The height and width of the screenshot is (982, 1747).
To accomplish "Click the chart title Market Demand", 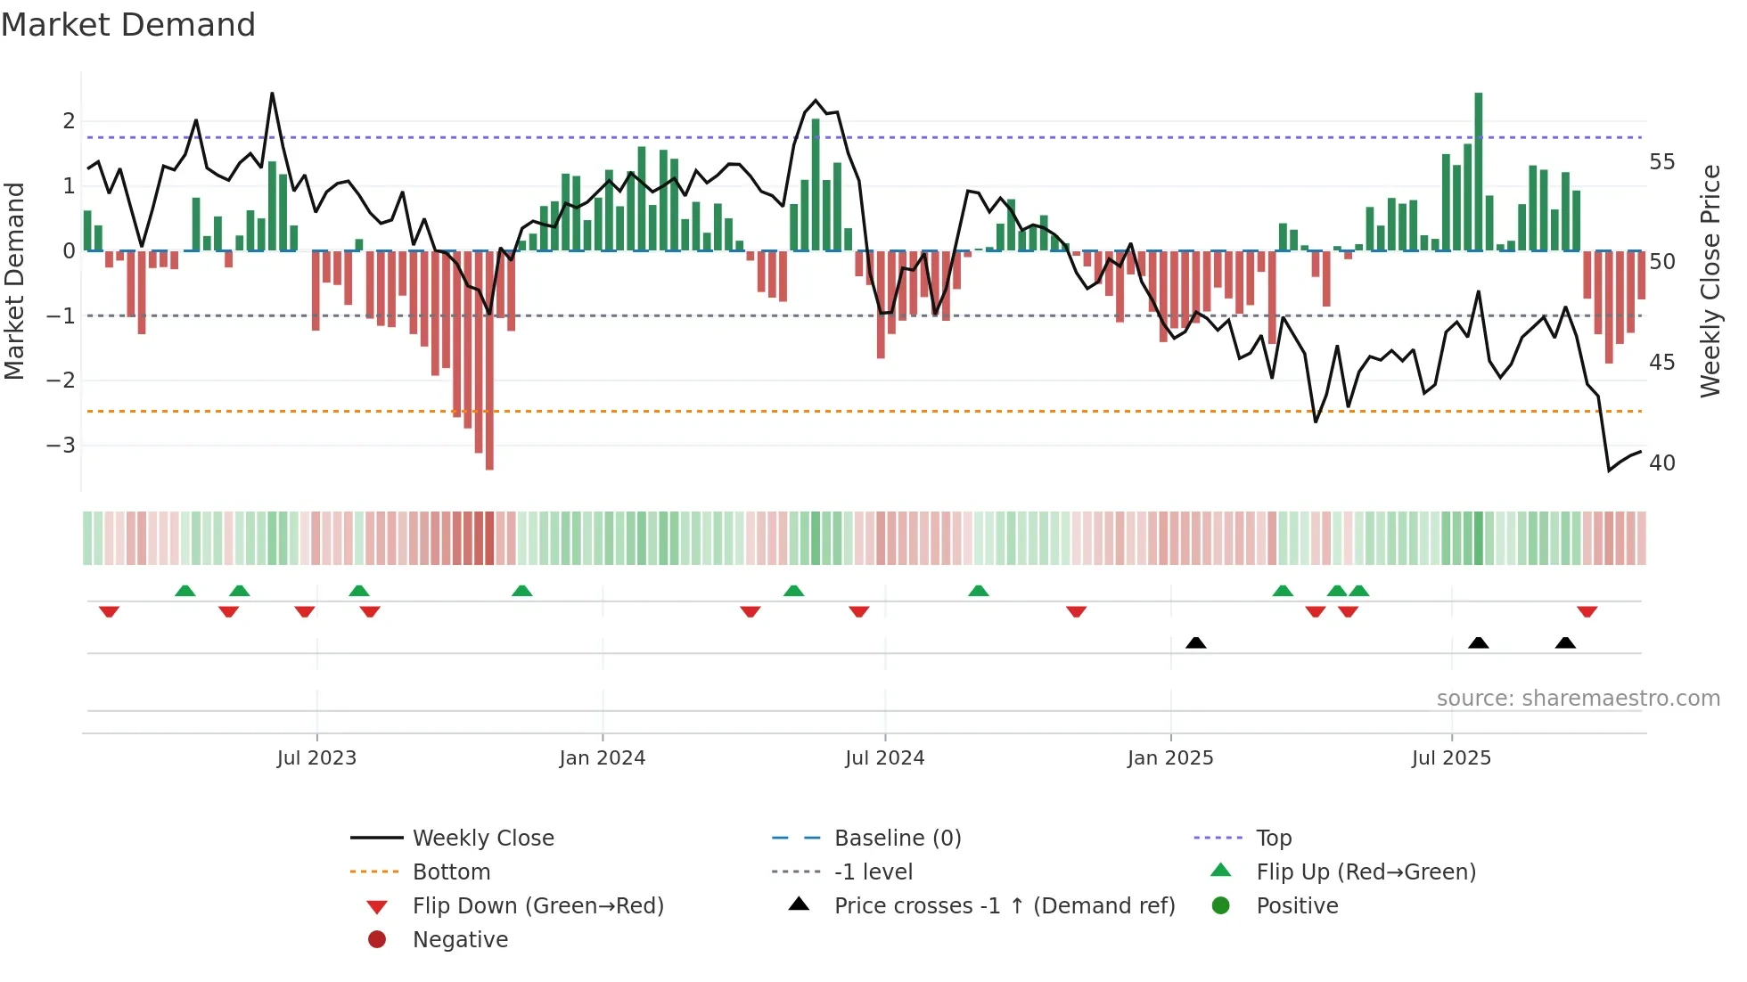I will tap(128, 25).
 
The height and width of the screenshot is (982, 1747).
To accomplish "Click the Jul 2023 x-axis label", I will tap(316, 758).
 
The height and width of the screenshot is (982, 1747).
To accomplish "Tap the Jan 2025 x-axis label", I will tap(1170, 758).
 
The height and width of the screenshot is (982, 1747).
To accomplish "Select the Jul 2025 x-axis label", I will tap(1451, 758).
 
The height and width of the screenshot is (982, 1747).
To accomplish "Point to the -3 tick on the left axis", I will tap(62, 445).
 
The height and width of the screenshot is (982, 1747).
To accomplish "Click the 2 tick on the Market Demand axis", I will tap(69, 121).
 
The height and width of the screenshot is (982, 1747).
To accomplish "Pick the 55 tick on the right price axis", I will tap(1661, 162).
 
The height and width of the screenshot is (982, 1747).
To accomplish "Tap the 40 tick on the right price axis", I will tap(1661, 463).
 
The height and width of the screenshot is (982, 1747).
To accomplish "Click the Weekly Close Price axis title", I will tap(1710, 281).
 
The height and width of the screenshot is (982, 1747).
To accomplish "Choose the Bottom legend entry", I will tap(451, 872).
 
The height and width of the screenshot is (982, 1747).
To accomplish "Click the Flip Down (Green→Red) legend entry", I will tap(537, 906).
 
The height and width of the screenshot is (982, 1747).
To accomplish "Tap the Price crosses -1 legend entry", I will tap(1005, 906).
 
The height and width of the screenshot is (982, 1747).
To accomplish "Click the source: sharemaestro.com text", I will tap(1578, 699).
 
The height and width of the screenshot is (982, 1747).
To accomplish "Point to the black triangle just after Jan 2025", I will tap(1196, 642).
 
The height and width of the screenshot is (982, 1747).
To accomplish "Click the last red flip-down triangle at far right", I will tap(1587, 611).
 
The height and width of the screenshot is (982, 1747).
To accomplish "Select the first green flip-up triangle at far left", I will tap(185, 591).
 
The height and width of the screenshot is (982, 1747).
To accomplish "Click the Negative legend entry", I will tap(460, 940).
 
